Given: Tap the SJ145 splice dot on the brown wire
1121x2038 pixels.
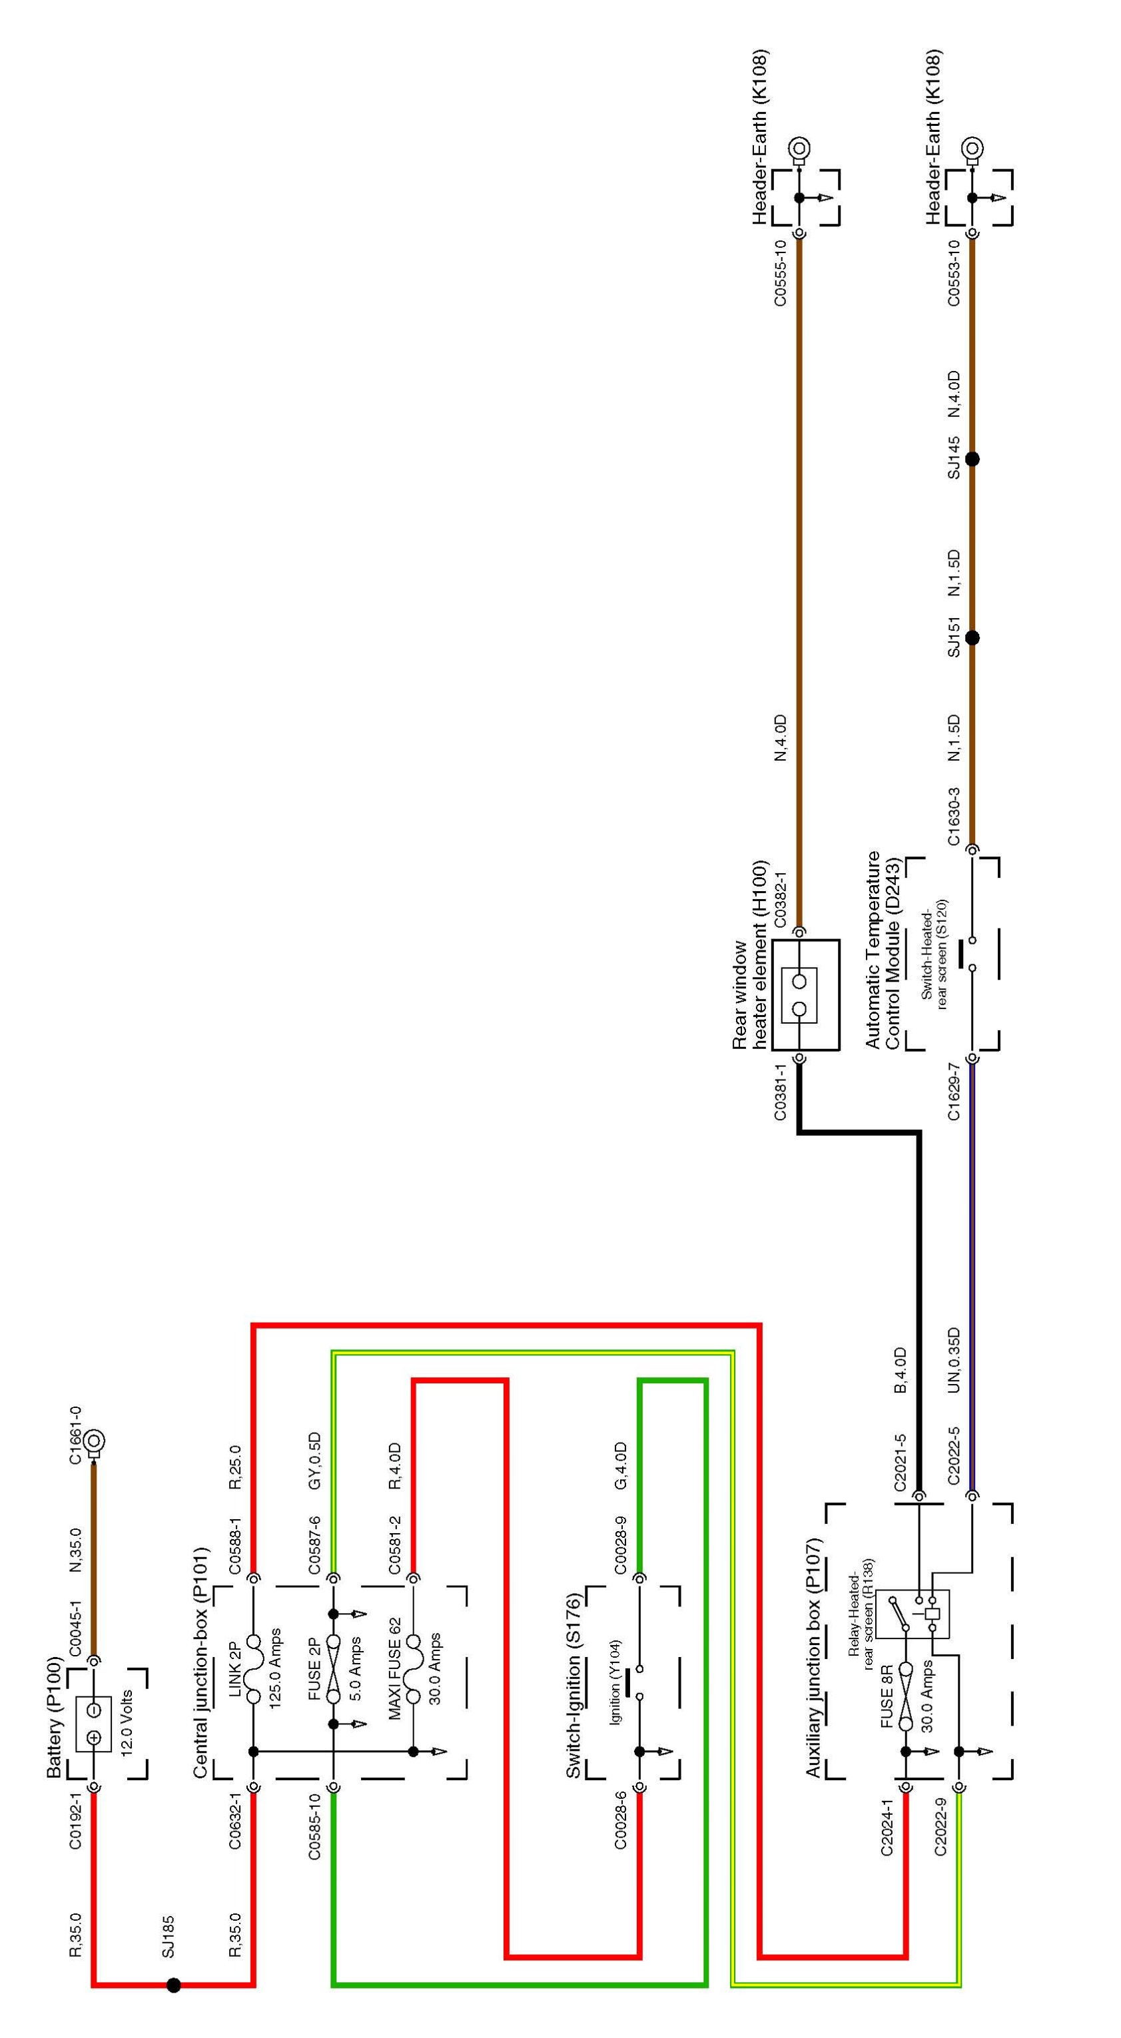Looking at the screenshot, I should [x=973, y=459].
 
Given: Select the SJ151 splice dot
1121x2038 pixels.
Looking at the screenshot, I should [x=973, y=637].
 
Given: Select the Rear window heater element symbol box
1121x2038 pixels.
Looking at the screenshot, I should [x=805, y=994].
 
